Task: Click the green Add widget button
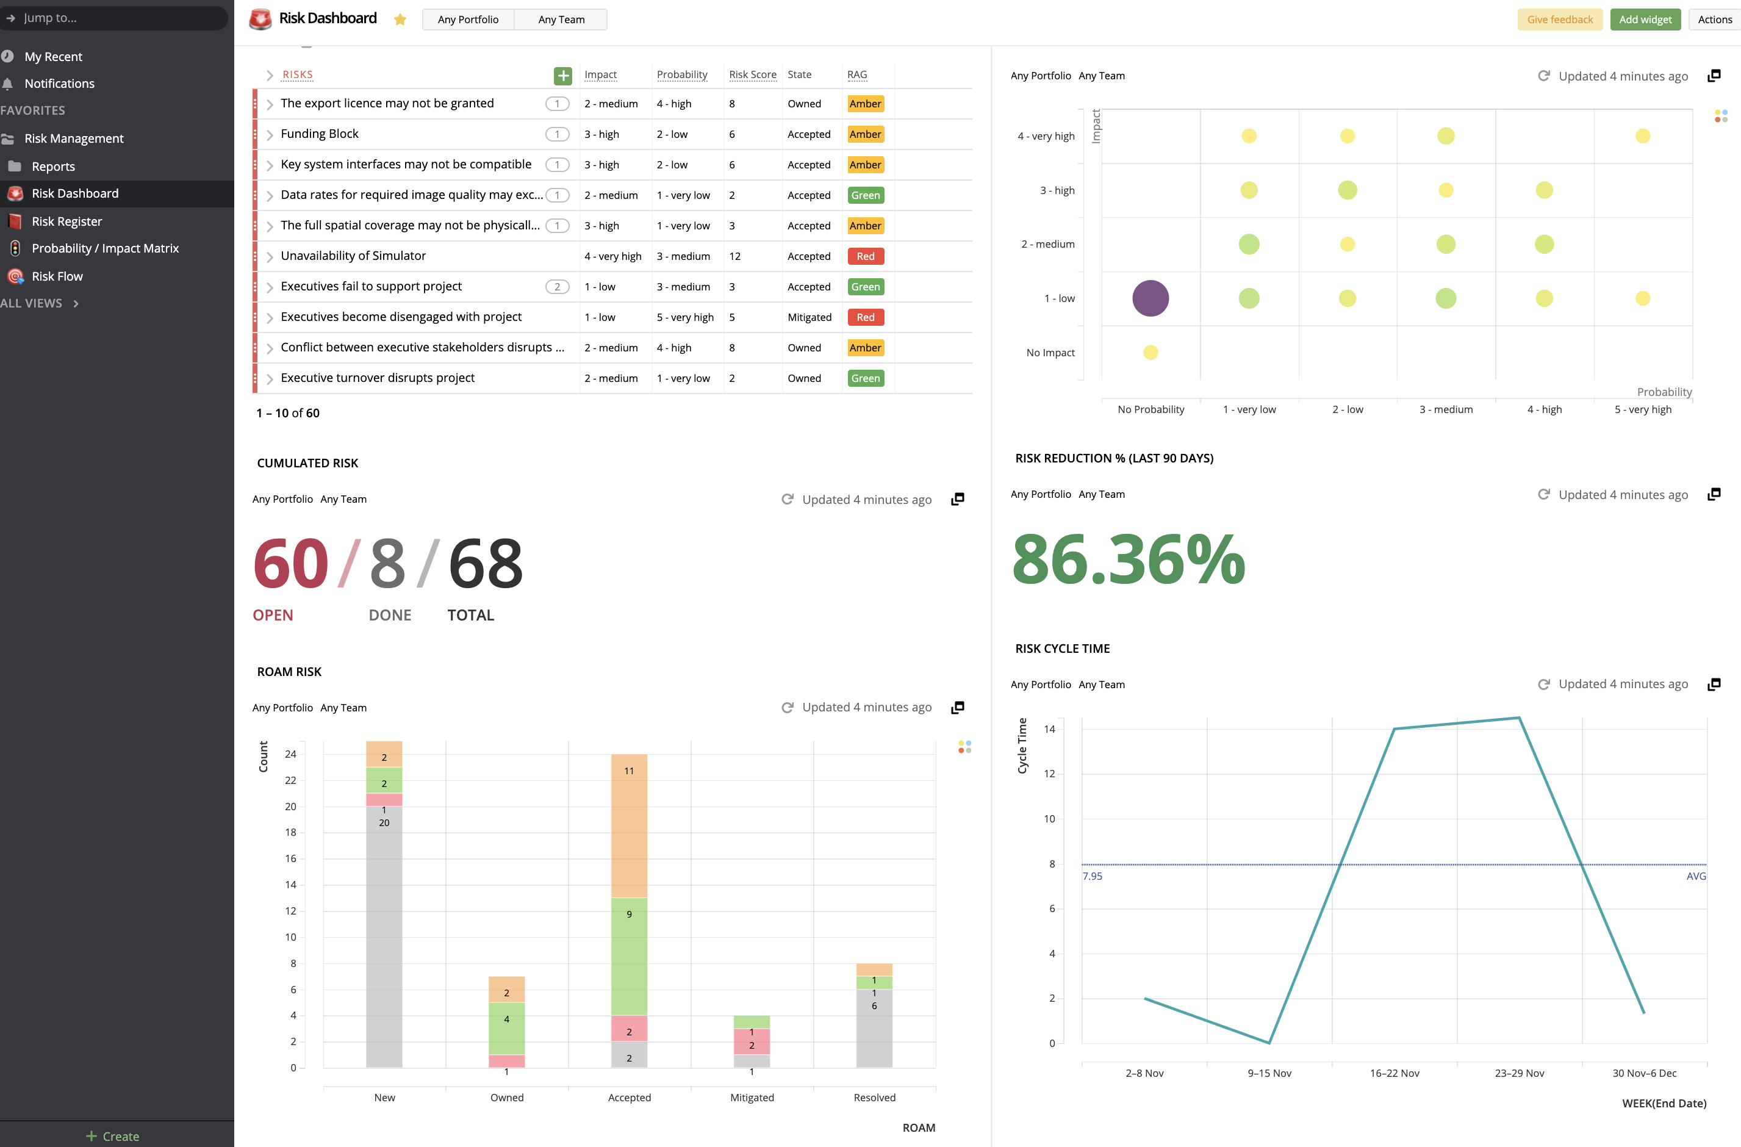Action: (1645, 20)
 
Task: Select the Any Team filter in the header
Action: (561, 20)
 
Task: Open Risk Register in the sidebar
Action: (66, 221)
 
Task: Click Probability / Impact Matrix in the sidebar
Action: (104, 248)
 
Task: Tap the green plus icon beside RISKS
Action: (562, 75)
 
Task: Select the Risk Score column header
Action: (752, 74)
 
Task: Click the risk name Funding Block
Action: (319, 134)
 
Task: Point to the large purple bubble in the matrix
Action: (1150, 298)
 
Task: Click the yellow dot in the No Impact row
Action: (1150, 353)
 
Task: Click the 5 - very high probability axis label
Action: (1642, 409)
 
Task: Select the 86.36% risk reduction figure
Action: (1127, 559)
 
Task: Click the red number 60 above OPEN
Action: (290, 563)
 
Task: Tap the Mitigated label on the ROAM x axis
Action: (752, 1097)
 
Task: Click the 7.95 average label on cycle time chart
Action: (1091, 876)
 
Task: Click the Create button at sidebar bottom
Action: (113, 1136)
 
